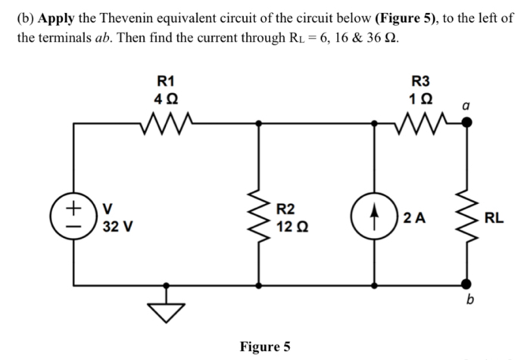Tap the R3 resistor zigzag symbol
click(420, 121)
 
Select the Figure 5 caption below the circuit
click(264, 347)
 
